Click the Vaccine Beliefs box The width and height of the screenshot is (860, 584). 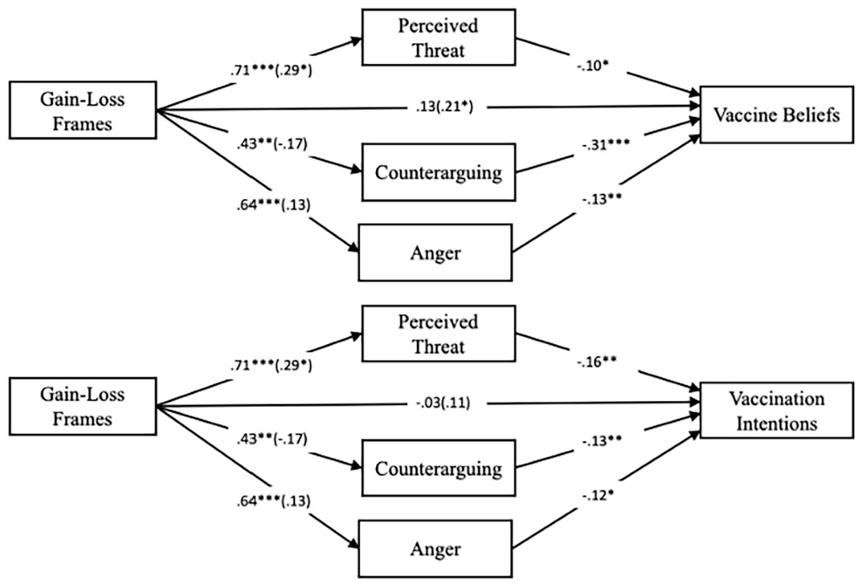(777, 115)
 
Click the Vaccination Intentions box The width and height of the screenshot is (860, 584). (777, 410)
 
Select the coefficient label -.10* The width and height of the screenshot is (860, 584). (593, 66)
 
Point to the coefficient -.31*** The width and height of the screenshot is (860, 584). (606, 145)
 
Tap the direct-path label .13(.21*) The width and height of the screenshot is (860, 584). (444, 107)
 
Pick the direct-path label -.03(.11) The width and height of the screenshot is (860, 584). (443, 403)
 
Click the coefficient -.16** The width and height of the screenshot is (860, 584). (597, 361)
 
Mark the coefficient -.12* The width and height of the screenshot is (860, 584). (598, 496)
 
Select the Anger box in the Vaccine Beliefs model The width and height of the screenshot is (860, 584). (435, 253)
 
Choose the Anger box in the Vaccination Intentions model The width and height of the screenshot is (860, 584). (435, 549)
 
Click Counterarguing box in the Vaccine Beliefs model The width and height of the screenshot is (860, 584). (438, 172)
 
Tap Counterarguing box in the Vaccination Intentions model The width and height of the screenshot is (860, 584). (438, 468)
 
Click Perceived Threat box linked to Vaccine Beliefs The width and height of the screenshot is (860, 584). (438, 37)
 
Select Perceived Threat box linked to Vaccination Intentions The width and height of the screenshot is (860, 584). (438, 334)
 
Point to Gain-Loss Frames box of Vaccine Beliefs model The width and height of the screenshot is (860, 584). (83, 110)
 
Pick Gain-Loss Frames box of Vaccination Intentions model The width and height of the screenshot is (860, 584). (83, 406)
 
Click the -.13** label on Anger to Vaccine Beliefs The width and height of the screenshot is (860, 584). (602, 199)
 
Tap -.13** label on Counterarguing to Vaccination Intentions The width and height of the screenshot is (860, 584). (602, 441)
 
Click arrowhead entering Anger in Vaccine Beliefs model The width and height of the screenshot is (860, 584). (353, 247)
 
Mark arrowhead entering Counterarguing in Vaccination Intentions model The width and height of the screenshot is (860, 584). (356, 466)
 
